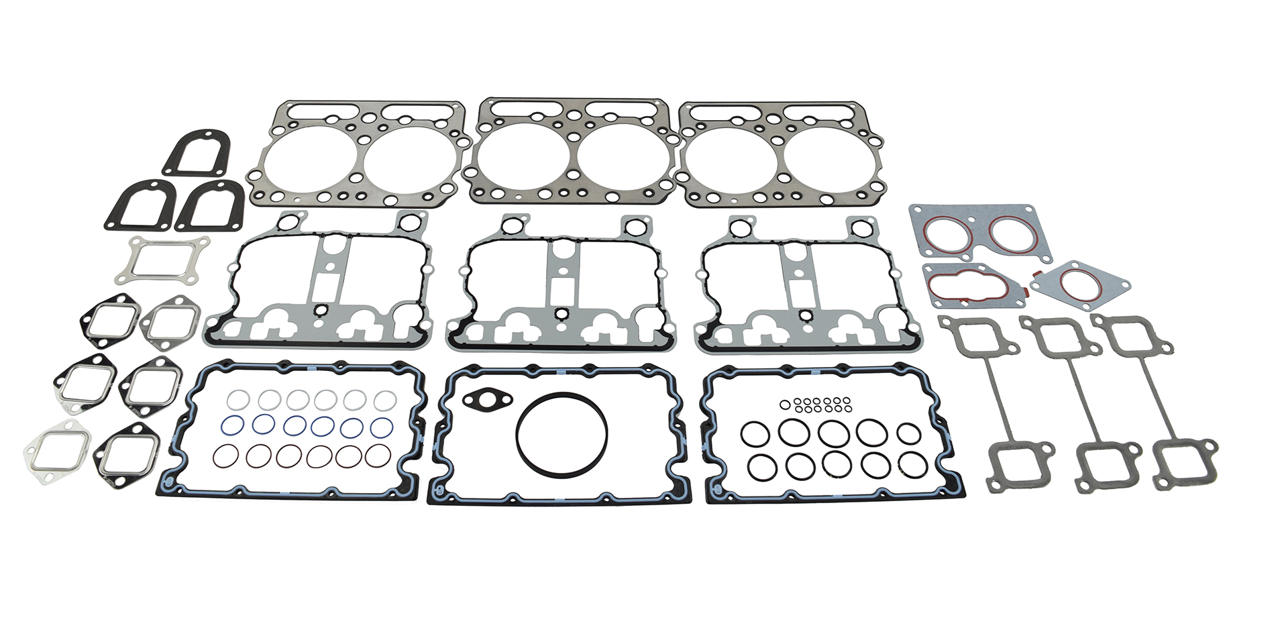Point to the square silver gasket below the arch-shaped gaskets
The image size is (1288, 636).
[161, 260]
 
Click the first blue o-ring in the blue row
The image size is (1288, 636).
[232, 425]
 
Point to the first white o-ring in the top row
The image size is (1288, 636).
[237, 401]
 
